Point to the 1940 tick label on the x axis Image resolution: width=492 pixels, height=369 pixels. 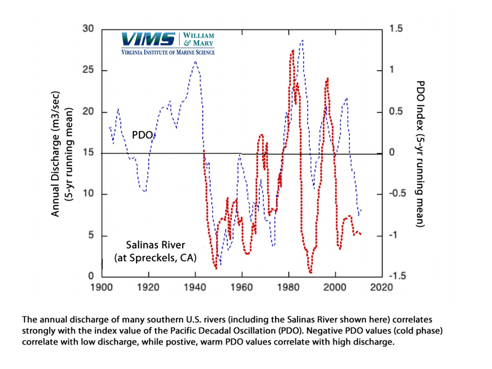tap(195, 287)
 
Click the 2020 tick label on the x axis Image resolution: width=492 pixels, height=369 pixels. tap(383, 287)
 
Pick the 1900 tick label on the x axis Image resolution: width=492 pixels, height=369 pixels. tap(101, 287)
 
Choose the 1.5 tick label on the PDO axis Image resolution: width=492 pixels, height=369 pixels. tap(396, 29)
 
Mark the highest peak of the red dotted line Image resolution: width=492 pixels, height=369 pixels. tap(292, 50)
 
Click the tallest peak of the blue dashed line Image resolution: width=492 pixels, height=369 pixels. tap(302, 41)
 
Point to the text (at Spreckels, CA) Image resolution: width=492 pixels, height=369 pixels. tap(155, 259)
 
